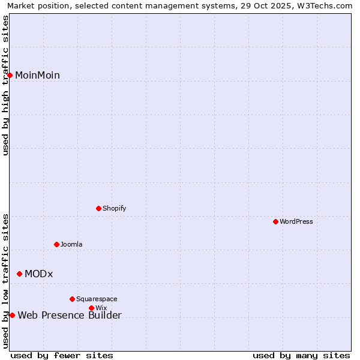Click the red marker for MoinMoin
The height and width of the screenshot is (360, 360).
coord(10,75)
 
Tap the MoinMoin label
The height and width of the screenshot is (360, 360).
coord(37,75)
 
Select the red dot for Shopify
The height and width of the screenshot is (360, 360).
coord(99,208)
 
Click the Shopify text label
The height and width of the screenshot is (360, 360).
coord(114,208)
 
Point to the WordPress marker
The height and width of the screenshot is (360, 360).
coord(275,221)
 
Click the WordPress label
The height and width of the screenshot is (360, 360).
coord(296,221)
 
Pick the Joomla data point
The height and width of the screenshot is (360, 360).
coord(57,244)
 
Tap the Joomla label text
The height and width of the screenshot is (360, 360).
coord(71,244)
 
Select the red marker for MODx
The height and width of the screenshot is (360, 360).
coord(20,274)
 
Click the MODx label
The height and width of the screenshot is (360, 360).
coord(38,274)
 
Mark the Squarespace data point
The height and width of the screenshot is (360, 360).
coord(73,299)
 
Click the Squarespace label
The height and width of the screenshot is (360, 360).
coord(97,299)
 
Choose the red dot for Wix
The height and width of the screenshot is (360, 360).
coord(92,308)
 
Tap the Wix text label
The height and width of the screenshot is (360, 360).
coord(101,308)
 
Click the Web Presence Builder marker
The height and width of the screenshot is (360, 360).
coord(12,315)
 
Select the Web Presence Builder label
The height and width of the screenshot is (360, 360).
coord(70,315)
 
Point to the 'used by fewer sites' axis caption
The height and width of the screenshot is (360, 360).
coord(62,355)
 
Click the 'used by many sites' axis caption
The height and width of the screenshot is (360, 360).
coord(301,355)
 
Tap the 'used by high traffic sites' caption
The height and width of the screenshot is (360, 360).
coord(5,85)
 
